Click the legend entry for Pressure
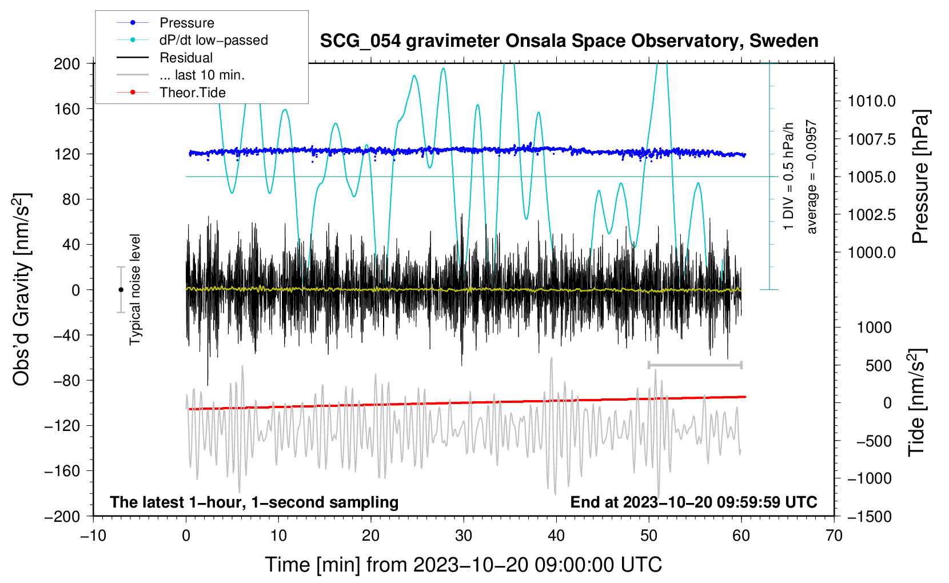[186, 23]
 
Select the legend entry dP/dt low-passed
[213, 40]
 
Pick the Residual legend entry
[186, 58]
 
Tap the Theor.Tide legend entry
[192, 93]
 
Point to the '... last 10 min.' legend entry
[202, 75]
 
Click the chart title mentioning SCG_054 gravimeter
[569, 41]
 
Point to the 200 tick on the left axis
[67, 63]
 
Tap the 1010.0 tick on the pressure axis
[871, 101]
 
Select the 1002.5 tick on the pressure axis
[871, 215]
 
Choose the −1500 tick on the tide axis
[869, 516]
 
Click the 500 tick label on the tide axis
[878, 365]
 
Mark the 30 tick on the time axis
[464, 536]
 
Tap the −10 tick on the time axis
[93, 536]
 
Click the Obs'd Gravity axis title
[22, 289]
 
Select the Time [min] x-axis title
[463, 565]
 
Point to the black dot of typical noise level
[121, 290]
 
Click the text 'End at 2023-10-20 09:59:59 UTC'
[693, 502]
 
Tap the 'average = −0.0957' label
[812, 177]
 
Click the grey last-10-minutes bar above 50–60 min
[695, 365]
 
